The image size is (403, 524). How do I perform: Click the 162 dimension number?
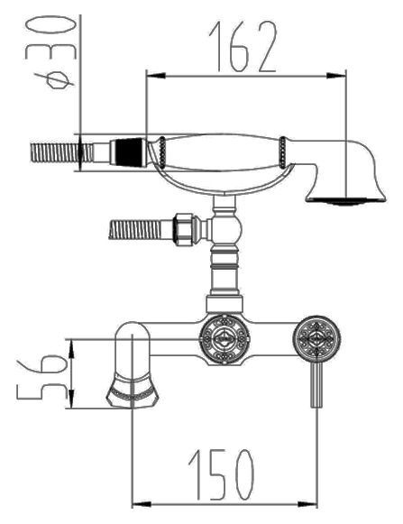pyautogui.click(x=243, y=47)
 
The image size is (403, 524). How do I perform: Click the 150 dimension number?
pyautogui.click(x=221, y=474)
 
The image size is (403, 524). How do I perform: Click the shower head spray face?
pyautogui.click(x=345, y=200)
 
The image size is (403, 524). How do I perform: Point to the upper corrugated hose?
pyautogui.click(x=62, y=152)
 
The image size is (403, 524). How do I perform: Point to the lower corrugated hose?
pyautogui.click(x=135, y=229)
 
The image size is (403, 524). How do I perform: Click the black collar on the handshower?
pyautogui.click(x=129, y=152)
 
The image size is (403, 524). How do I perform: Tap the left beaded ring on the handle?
pyautogui.click(x=162, y=152)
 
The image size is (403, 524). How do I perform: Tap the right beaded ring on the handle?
pyautogui.click(x=282, y=152)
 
